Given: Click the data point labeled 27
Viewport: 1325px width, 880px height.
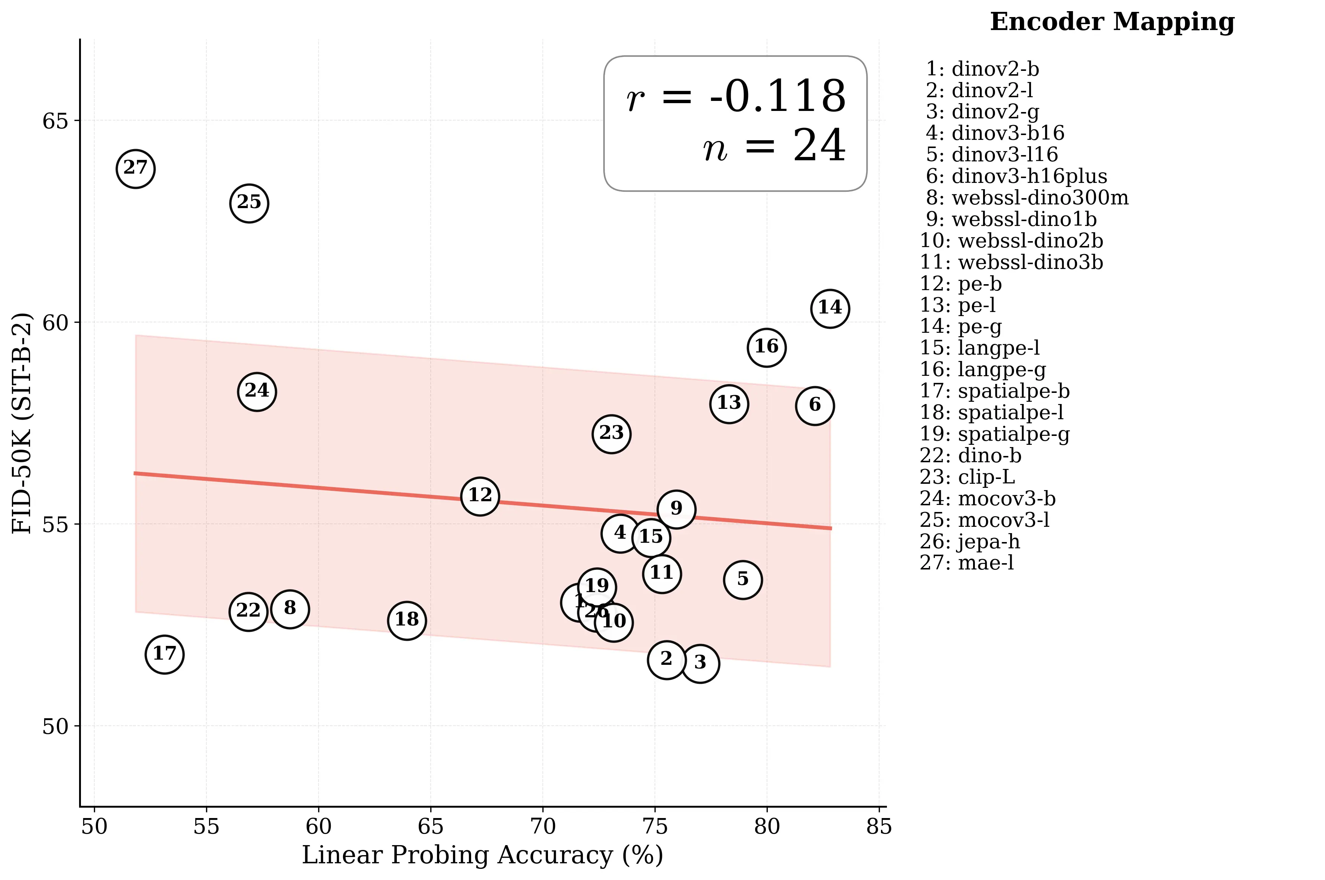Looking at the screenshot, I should pos(135,169).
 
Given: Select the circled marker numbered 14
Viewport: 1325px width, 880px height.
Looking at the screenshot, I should pos(830,308).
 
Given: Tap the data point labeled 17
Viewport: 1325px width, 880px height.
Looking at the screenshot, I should pos(164,654).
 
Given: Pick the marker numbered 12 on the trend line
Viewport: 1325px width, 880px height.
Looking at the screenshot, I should pos(480,496).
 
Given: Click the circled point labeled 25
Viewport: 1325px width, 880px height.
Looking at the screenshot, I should pos(249,203).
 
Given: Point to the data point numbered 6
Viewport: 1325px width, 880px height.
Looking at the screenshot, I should pos(815,405).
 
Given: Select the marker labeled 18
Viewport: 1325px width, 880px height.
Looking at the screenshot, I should pos(407,620).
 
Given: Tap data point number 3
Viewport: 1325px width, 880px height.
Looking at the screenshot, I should pos(700,663).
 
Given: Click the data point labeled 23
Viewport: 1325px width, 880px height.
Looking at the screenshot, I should pos(611,434).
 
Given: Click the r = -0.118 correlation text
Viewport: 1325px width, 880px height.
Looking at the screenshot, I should pos(735,97).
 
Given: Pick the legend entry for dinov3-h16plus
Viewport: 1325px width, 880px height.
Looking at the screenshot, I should pos(1016,176).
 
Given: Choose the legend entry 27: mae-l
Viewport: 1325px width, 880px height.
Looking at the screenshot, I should pos(967,562).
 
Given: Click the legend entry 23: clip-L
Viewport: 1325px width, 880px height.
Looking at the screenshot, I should pos(967,477).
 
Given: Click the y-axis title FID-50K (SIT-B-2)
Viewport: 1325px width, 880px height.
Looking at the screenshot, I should pos(22,423).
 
